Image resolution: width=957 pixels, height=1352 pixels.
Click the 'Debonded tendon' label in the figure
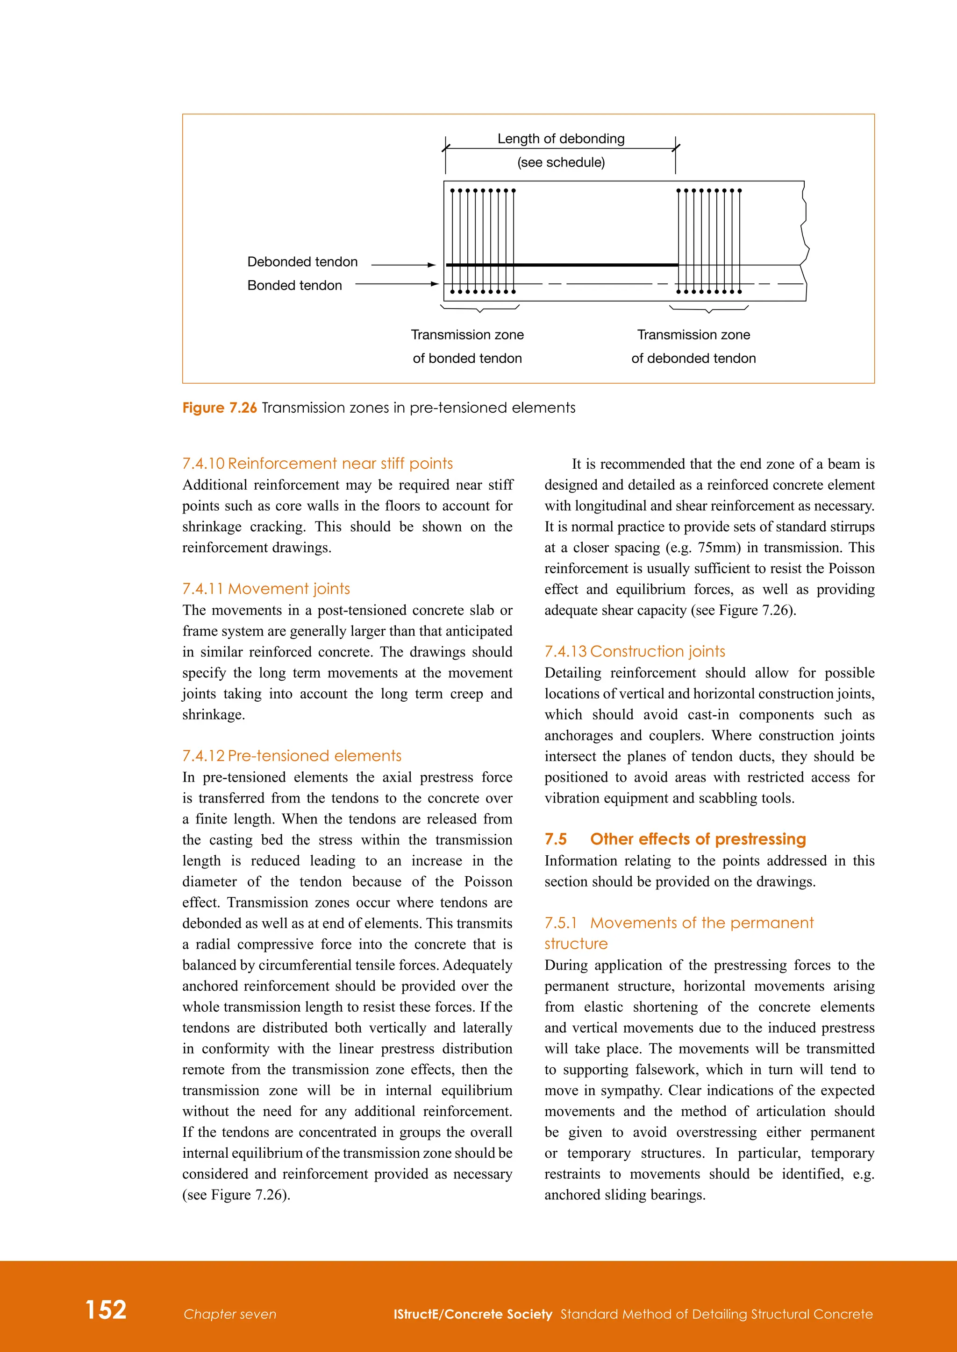(x=302, y=262)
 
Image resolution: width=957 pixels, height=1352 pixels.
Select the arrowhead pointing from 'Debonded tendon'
(x=432, y=265)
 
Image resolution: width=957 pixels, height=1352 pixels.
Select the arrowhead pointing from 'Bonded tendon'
(x=435, y=284)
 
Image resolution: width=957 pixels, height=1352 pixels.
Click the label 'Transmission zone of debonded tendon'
(x=693, y=346)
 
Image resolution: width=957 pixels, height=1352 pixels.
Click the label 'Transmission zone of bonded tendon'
(x=467, y=346)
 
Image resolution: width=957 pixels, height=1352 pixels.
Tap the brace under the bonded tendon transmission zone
(x=480, y=308)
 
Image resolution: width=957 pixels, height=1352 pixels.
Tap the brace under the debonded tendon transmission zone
(x=709, y=309)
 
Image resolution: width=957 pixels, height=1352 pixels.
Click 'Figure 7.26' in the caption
(x=219, y=408)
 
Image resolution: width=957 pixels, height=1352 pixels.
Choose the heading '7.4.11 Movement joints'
(x=266, y=589)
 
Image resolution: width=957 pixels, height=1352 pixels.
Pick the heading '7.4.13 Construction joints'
(x=635, y=651)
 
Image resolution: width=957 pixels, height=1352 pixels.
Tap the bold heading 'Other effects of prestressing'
(x=698, y=839)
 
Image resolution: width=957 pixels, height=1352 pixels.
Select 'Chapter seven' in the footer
(x=230, y=1314)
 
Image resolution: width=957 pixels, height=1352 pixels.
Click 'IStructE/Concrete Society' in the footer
(x=472, y=1314)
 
